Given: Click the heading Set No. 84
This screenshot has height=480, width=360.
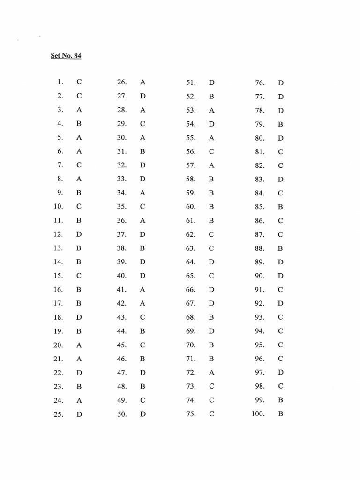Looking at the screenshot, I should tap(66, 56).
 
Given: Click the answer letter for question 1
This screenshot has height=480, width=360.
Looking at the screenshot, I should tap(79, 82).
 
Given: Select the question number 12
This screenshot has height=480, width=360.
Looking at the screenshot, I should tap(58, 234).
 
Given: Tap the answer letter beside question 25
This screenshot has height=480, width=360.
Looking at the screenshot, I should tap(79, 414).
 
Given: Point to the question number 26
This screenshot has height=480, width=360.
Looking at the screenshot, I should tap(122, 82).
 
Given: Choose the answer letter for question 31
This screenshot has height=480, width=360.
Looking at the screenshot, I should tap(142, 151).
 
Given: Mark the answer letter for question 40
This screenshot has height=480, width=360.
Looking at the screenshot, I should tap(142, 276).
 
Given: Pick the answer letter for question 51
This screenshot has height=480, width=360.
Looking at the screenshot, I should tap(212, 82).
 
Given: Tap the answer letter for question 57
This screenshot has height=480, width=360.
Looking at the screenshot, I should tap(212, 165).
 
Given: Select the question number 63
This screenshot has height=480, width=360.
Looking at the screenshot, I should tap(190, 248).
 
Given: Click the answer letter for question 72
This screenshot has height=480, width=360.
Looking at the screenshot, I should tap(212, 373).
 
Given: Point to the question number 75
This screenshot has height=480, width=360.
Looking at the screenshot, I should tap(190, 414).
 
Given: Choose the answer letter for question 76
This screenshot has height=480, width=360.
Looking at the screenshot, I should tap(281, 83).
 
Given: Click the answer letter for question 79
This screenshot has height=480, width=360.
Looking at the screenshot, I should tap(280, 125).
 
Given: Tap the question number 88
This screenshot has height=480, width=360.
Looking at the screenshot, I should tap(260, 248).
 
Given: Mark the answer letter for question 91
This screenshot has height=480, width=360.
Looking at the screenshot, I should tap(280, 290).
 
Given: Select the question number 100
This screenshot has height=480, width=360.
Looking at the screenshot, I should tap(258, 414).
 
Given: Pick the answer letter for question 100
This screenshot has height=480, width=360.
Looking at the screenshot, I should tap(280, 414).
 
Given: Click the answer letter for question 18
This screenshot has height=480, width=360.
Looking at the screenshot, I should tap(79, 317).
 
